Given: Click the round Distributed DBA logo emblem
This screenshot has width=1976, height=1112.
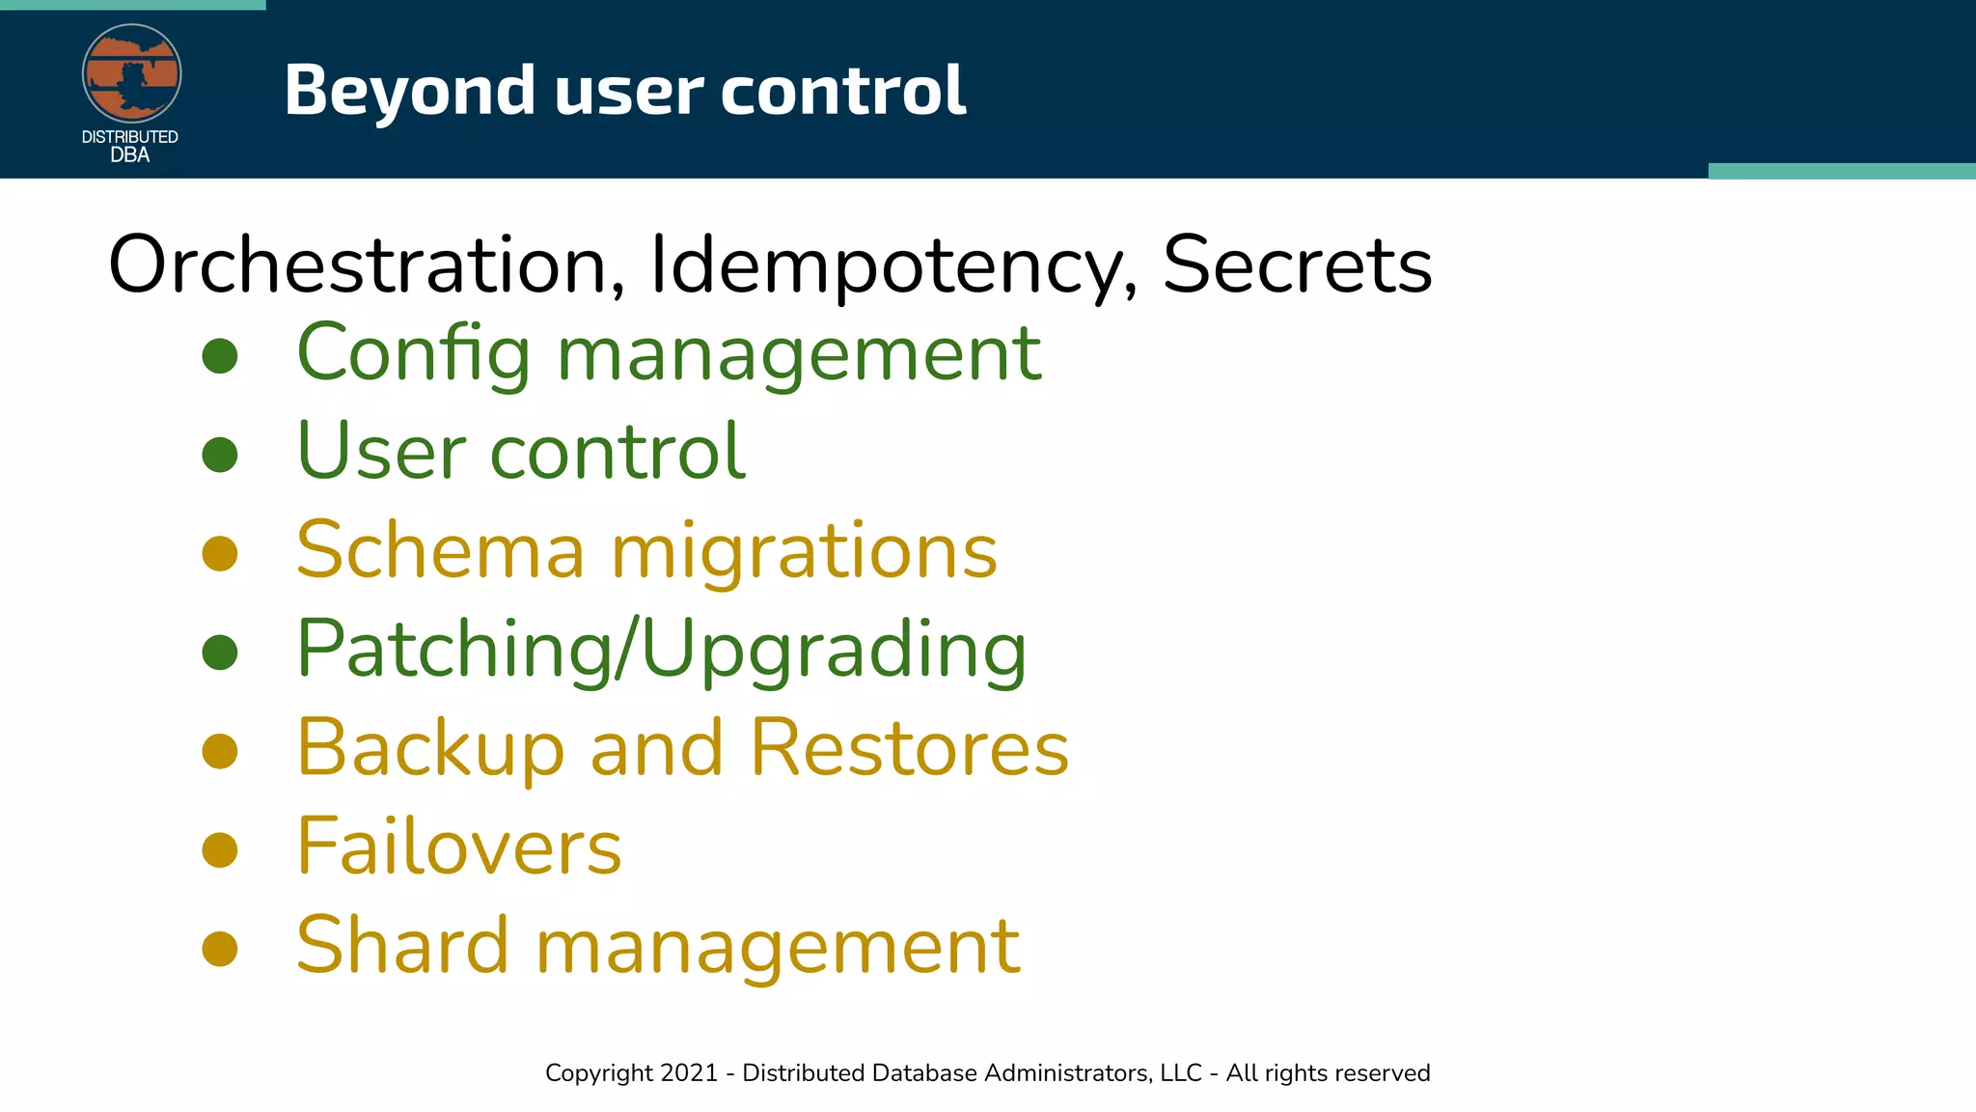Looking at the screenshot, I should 131,73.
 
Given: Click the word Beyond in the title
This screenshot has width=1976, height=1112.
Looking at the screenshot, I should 409,90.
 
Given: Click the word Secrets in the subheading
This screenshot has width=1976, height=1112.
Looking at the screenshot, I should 1297,264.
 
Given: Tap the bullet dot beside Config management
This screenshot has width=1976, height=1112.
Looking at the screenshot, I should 220,355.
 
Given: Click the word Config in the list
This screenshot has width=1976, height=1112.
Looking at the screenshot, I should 413,353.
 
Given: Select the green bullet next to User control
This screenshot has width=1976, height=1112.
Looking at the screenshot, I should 220,455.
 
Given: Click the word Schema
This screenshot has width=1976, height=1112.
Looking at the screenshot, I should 440,550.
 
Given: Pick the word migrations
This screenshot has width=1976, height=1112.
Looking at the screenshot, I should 804,550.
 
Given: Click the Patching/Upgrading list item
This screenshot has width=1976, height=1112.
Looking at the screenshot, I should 661,650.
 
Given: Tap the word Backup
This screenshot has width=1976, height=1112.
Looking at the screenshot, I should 429,748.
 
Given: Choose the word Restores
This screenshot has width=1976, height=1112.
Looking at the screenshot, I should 909,748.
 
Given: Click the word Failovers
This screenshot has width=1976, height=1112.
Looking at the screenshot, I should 458,847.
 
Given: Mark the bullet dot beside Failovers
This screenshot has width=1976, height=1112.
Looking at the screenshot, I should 220,849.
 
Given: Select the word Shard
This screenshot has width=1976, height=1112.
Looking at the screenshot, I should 401,945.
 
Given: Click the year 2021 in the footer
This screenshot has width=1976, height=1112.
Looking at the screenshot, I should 689,1072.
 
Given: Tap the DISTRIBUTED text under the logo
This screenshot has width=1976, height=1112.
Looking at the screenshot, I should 129,137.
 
